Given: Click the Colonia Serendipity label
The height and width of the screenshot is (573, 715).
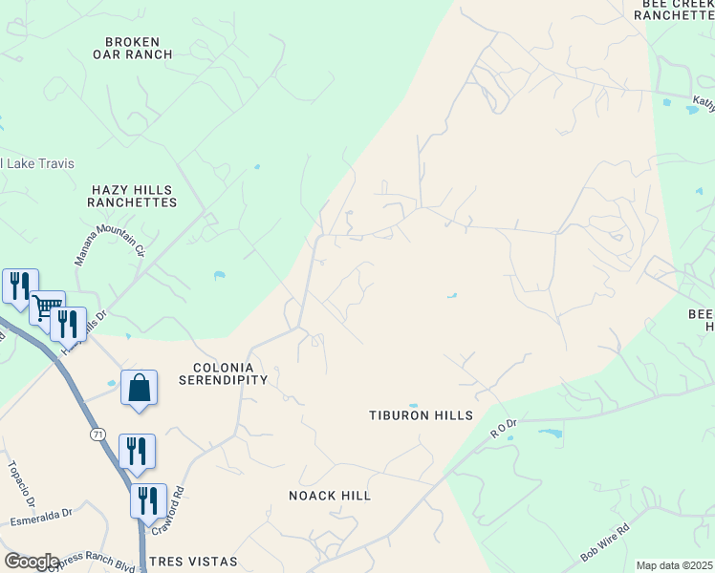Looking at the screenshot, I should coord(224,373).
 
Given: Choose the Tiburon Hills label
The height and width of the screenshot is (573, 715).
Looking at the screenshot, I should coord(422,415).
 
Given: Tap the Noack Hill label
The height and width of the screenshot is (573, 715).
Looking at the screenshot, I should coord(330,496).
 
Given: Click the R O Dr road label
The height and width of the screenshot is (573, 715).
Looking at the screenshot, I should coord(504,427).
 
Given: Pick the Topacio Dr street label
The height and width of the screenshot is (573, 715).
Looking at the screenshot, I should coord(22,486).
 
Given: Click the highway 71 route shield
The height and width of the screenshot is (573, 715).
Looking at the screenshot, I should coord(98,435).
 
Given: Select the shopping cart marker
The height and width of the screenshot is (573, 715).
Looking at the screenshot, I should coord(47,308).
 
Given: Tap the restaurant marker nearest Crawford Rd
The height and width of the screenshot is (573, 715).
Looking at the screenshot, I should coord(148,499).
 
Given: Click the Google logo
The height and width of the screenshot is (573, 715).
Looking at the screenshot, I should coord(31,562).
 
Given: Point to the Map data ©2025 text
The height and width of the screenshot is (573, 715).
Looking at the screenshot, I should coord(674,565).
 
